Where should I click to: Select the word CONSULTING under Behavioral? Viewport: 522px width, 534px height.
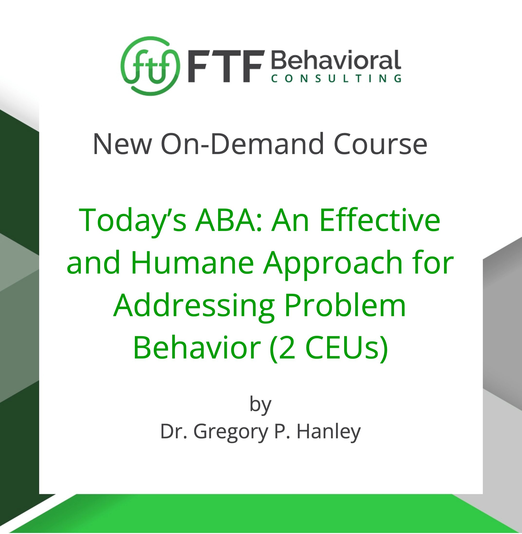[336, 79]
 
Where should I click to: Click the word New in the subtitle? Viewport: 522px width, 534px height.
[122, 144]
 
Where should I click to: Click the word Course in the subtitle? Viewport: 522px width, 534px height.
[380, 144]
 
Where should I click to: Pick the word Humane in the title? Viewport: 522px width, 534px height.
[192, 262]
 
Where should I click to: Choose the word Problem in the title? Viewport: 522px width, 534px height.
[345, 305]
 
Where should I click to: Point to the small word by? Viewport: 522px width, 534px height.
[260, 404]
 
